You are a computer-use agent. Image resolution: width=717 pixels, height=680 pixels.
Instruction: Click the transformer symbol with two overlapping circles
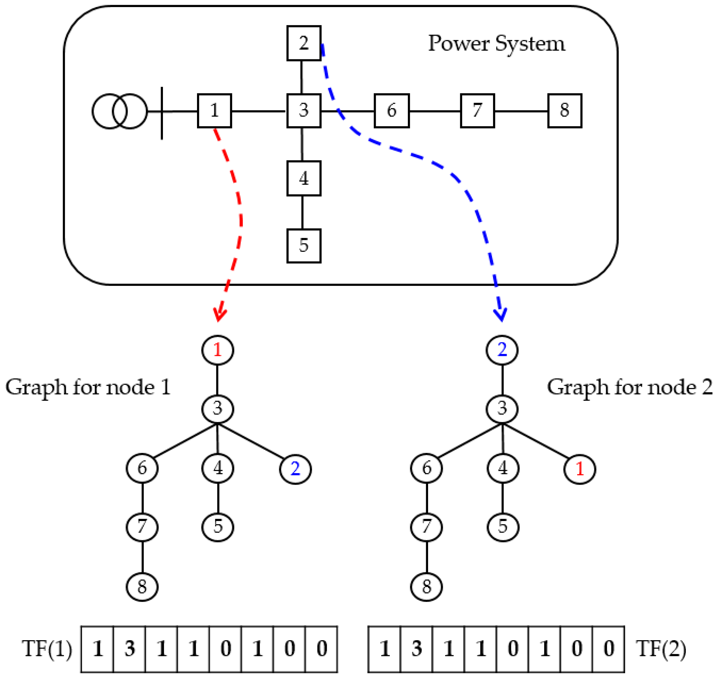click(120, 111)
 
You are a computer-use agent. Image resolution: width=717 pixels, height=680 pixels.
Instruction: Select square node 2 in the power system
click(304, 43)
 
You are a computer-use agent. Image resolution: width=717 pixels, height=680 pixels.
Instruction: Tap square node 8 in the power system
click(564, 110)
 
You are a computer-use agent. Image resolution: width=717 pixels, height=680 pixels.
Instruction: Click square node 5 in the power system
click(304, 246)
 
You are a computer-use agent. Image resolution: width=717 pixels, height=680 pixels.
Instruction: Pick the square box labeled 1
click(214, 110)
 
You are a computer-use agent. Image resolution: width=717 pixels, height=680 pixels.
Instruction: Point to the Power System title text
click(496, 44)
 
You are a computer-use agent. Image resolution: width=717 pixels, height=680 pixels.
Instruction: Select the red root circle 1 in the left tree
click(217, 350)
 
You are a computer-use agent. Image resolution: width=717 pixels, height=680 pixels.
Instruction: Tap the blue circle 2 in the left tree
click(295, 469)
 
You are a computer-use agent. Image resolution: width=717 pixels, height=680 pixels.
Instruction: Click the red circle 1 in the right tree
click(579, 469)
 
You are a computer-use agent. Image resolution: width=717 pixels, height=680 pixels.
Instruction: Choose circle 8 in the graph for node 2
click(426, 587)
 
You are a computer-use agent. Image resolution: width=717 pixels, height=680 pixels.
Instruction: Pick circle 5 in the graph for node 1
click(218, 527)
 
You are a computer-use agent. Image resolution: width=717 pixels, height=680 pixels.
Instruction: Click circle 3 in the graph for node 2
click(502, 409)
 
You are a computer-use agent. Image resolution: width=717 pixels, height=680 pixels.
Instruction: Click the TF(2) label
click(660, 649)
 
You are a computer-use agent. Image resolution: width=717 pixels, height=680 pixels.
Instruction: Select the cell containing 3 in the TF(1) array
click(129, 649)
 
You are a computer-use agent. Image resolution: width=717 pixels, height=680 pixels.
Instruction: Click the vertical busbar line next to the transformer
click(162, 113)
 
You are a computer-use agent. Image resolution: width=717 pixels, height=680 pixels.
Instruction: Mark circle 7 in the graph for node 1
click(142, 527)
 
